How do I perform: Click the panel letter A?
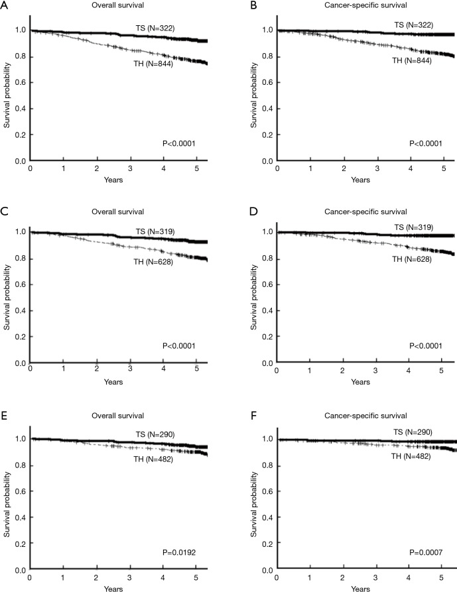click(x=5, y=6)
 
